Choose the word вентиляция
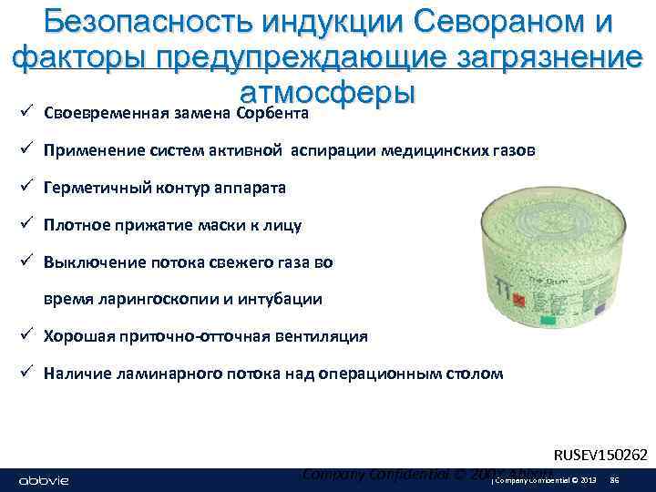click(x=322, y=336)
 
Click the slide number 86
click(x=614, y=480)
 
